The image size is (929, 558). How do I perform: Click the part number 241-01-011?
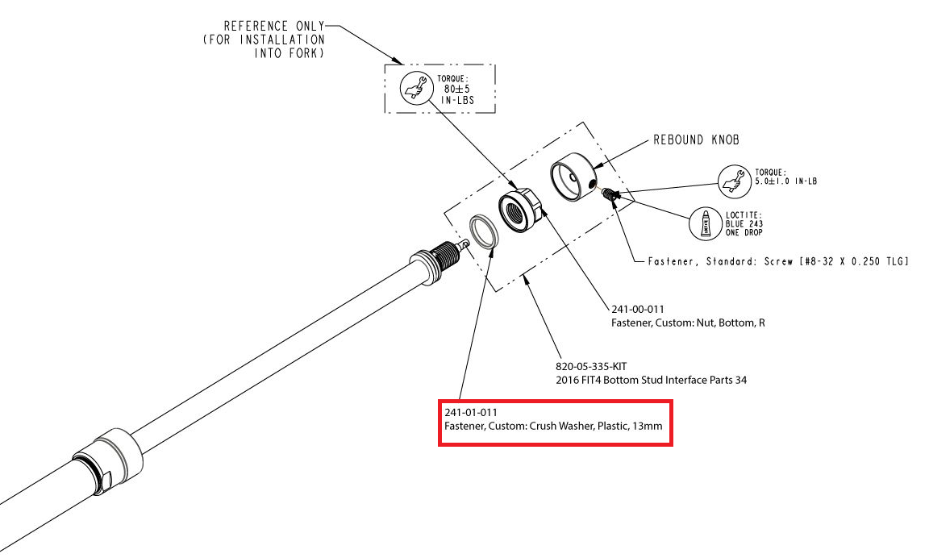coord(467,413)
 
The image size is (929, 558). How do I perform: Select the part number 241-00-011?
coord(638,309)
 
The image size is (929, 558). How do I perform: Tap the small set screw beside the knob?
coord(610,194)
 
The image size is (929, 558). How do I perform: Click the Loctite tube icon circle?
coord(706,223)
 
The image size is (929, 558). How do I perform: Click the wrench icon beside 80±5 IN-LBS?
coord(415,88)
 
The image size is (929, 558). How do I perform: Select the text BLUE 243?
coord(744,223)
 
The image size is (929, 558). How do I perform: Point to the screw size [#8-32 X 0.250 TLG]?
coord(838,261)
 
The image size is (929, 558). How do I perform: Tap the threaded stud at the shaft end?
coord(446,257)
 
